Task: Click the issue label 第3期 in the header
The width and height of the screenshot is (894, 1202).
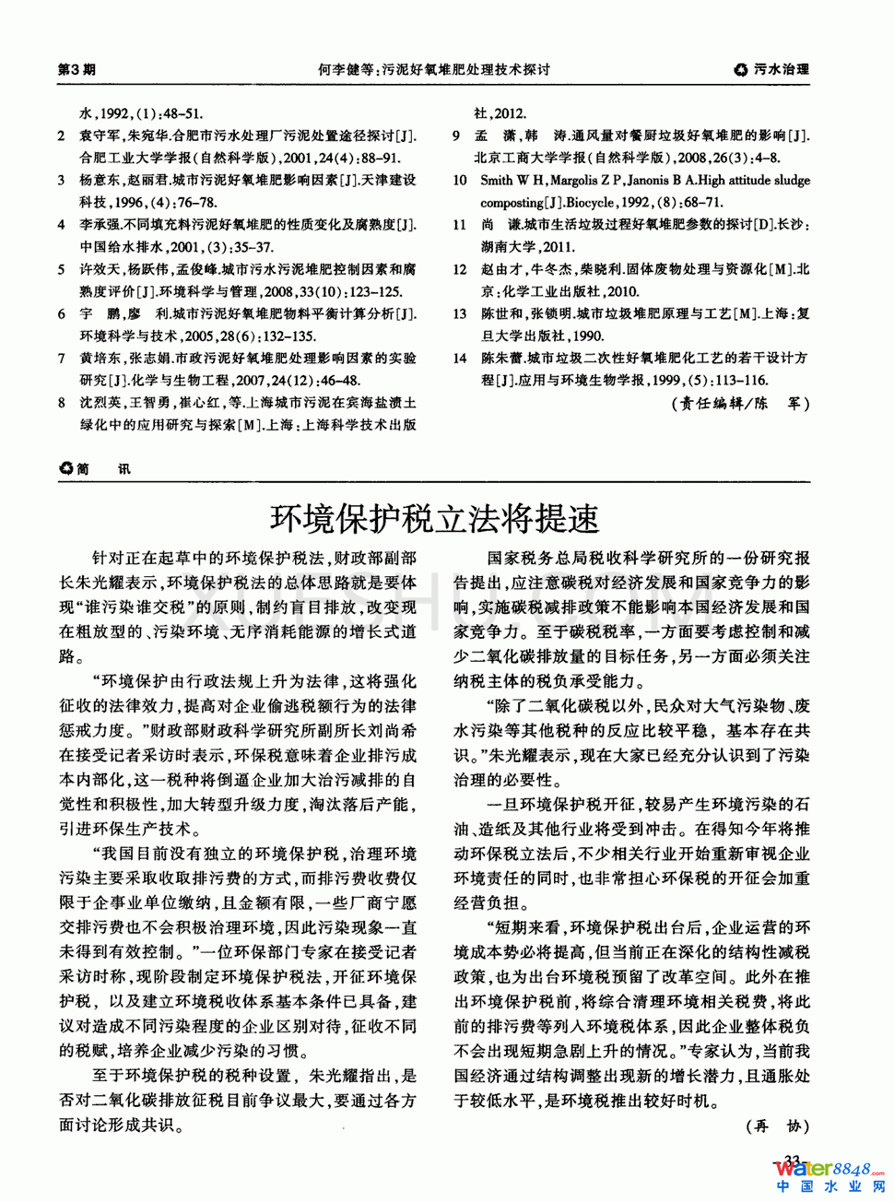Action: (x=76, y=69)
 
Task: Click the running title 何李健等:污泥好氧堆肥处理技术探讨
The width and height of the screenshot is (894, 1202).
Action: (x=434, y=69)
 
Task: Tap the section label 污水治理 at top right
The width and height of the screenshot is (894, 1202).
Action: (x=781, y=69)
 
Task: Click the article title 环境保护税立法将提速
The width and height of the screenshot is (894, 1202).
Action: (x=434, y=519)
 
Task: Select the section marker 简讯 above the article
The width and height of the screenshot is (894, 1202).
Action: (x=95, y=468)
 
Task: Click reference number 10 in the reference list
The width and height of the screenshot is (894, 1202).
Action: (x=460, y=181)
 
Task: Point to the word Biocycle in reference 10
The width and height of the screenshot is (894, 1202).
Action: (x=589, y=203)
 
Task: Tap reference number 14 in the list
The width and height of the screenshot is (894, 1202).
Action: (x=460, y=358)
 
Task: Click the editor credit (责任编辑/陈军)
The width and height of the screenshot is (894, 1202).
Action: (x=741, y=403)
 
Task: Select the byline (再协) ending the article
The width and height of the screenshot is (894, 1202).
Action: (x=777, y=1125)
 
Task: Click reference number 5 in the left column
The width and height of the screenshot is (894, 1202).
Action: (x=62, y=269)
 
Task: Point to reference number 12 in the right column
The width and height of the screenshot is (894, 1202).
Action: (x=460, y=269)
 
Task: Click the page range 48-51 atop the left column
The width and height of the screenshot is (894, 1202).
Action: (x=182, y=113)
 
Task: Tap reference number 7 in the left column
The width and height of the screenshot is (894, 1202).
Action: (x=62, y=358)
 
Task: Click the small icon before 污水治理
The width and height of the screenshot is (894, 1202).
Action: (x=741, y=69)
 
